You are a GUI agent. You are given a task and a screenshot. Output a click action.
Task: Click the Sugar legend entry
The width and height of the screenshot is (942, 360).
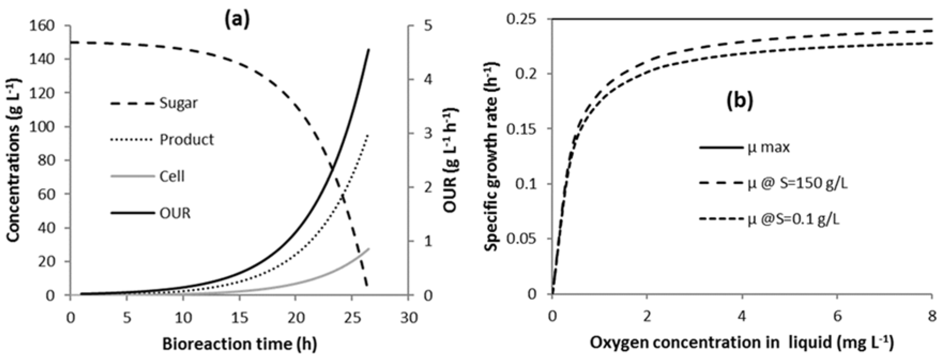(178, 103)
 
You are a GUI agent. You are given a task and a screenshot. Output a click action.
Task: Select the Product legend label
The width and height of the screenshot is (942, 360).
(186, 139)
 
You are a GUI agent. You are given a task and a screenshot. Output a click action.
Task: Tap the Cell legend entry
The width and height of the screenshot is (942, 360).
(172, 177)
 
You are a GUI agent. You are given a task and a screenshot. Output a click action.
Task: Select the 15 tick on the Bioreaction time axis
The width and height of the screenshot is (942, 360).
(239, 317)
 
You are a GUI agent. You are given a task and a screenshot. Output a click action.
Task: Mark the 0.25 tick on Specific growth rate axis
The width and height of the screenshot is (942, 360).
(523, 19)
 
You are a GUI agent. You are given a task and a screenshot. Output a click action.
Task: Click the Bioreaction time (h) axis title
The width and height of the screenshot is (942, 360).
(239, 344)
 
